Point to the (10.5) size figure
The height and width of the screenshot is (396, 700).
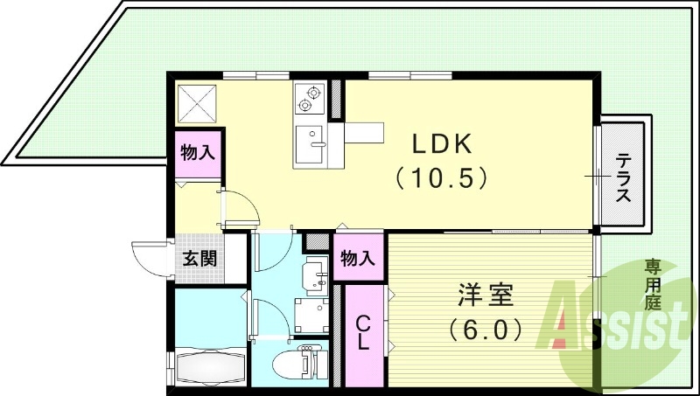[438, 178]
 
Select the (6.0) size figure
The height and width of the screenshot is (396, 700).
[485, 330]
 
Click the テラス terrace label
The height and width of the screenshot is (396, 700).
[623, 177]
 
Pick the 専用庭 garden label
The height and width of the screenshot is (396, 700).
[653, 285]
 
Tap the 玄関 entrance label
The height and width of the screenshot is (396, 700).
[200, 259]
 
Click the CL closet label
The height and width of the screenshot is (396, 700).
[363, 333]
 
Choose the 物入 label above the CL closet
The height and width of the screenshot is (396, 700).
[359, 259]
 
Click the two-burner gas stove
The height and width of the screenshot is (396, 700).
[310, 99]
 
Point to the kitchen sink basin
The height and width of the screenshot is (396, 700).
[311, 143]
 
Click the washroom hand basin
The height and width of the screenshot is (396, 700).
[314, 275]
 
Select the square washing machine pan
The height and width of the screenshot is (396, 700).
[310, 314]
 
